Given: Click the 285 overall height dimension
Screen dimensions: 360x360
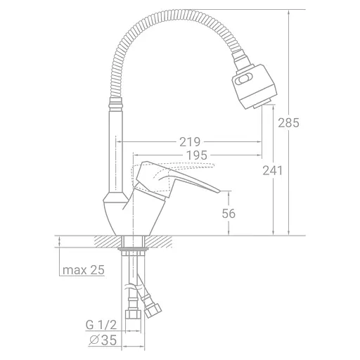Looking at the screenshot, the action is (x=288, y=122).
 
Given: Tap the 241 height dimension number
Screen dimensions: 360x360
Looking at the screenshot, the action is (x=273, y=170).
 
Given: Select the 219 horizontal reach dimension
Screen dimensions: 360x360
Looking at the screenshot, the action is (x=190, y=142).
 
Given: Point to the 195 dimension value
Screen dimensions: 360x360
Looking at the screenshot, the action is (x=197, y=155).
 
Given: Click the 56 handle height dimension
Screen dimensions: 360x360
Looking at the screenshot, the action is (x=229, y=214).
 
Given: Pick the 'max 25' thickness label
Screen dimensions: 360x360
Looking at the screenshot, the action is (x=84, y=270).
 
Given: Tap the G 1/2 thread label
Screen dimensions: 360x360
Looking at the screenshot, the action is (x=101, y=325).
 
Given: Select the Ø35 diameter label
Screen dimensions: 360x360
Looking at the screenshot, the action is (x=103, y=340).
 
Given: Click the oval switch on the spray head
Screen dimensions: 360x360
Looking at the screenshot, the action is (x=244, y=79).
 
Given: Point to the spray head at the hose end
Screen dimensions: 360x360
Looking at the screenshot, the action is (x=255, y=86).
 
